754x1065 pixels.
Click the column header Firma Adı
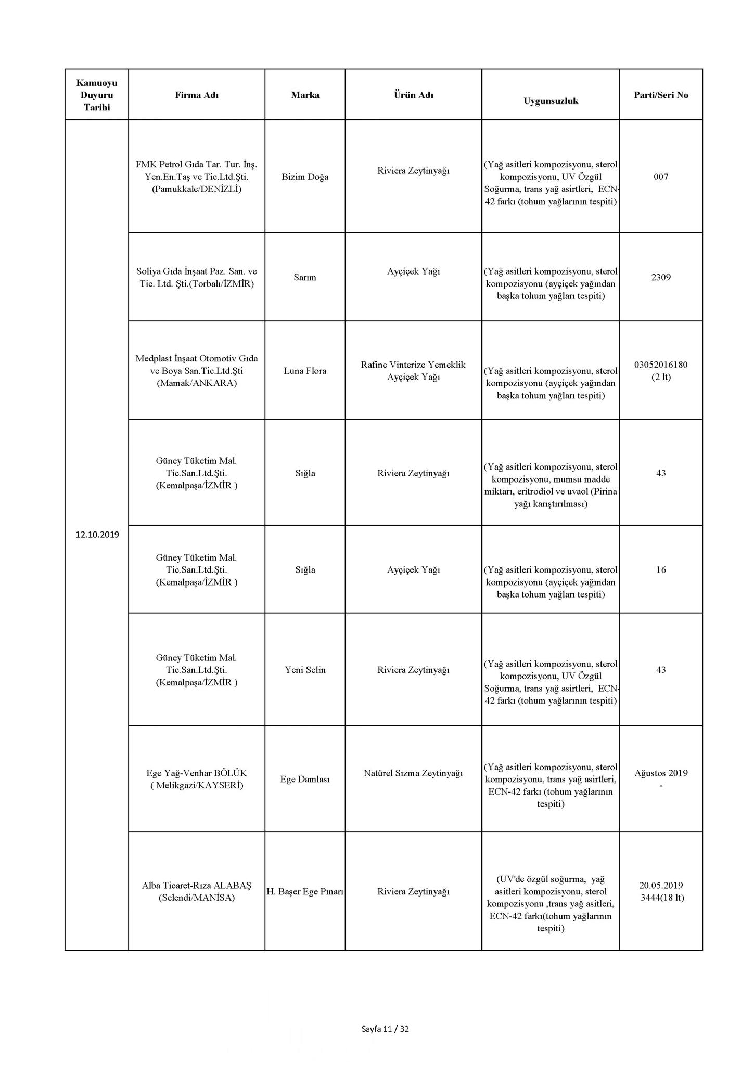click(x=196, y=95)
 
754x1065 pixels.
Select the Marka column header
click(x=305, y=95)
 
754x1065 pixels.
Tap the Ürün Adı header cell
click(x=413, y=95)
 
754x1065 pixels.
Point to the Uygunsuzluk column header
click(x=551, y=101)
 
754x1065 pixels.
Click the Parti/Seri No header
click(x=660, y=95)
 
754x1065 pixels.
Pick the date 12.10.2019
click(x=97, y=535)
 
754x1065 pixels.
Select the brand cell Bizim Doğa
click(x=305, y=177)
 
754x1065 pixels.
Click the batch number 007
click(x=660, y=177)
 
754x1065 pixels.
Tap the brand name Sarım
click(x=305, y=277)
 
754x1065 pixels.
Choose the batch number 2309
click(x=660, y=277)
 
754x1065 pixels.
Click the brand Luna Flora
click(x=305, y=371)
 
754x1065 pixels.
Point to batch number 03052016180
click(x=660, y=365)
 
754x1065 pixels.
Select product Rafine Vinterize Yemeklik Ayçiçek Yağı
click(x=413, y=371)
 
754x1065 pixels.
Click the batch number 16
click(x=660, y=569)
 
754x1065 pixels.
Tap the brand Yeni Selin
click(x=305, y=670)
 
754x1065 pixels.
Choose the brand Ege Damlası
click(x=305, y=779)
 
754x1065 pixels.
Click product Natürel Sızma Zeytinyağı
click(x=413, y=773)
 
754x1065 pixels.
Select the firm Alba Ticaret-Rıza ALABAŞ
click(x=196, y=885)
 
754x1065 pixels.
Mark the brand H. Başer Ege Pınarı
click(x=305, y=891)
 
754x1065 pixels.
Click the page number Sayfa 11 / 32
click(x=385, y=1029)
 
